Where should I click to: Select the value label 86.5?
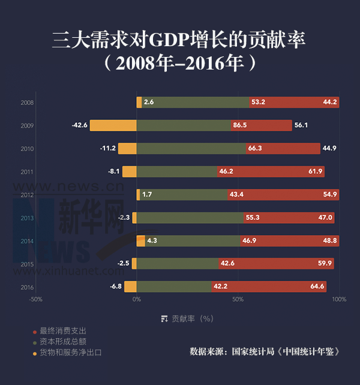tap(240, 125)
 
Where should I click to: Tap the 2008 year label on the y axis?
tap(27, 103)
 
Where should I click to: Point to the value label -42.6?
tap(80, 125)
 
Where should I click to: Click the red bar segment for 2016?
tap(276, 287)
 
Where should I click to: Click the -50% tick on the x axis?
tap(35, 299)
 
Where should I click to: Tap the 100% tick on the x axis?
tap(339, 299)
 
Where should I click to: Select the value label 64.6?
tap(317, 287)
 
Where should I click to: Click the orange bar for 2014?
tap(141, 240)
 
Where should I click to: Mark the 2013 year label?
tap(27, 218)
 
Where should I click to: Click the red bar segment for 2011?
tap(271, 172)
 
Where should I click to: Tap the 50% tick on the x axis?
tap(238, 299)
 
